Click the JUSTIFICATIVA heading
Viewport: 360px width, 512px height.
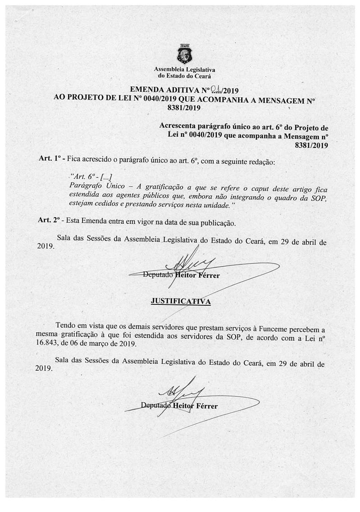[x=180, y=301]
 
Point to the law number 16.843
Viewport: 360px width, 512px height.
[x=46, y=343]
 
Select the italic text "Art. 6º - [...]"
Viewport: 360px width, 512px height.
[x=89, y=177]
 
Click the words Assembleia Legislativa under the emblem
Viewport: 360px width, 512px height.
[x=185, y=70]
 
